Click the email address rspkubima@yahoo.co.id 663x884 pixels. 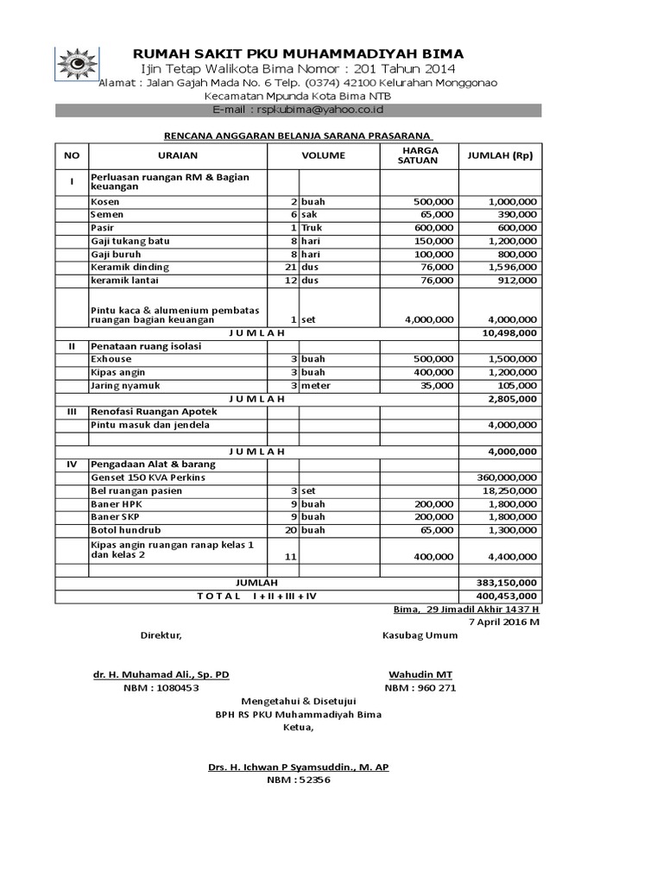coord(298,110)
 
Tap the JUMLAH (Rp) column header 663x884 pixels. coord(500,155)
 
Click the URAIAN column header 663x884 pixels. coord(178,155)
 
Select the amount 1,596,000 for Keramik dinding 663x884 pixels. coord(512,268)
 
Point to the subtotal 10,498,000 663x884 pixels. coord(509,332)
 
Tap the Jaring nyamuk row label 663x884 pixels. coord(125,385)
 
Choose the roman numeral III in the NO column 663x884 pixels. coord(73,412)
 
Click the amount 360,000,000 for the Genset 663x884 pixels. coord(507,477)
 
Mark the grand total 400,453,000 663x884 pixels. coord(507,596)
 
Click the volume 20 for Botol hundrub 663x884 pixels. coord(291,529)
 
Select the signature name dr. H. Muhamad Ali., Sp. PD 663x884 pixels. coord(161,673)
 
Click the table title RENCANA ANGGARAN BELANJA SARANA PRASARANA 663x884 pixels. coord(299,135)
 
